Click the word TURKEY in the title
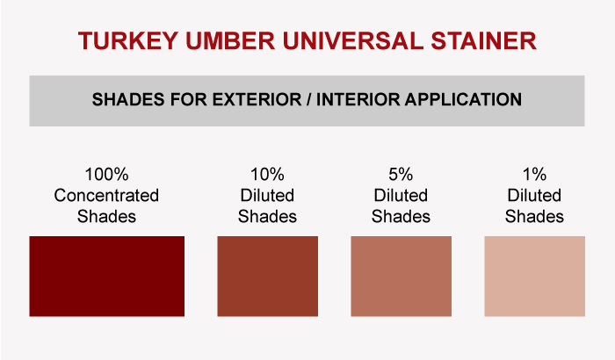(128, 40)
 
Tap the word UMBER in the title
(230, 40)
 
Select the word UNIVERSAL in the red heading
(353, 40)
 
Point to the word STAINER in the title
(483, 40)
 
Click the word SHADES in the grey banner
(128, 99)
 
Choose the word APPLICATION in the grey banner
(464, 99)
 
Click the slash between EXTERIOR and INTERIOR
(309, 99)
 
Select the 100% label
(106, 175)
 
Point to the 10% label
(267, 175)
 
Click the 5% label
(401, 175)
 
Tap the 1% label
(534, 175)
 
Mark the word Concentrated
(106, 195)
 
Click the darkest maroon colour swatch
(106, 276)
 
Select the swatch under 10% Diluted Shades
(267, 276)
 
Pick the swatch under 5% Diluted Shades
(401, 276)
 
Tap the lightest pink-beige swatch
(534, 276)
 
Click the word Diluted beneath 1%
(534, 195)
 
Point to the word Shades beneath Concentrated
(106, 217)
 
